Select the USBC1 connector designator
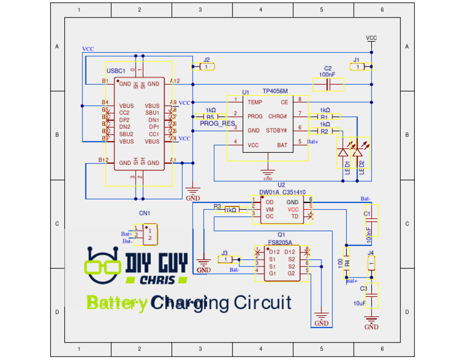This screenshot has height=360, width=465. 116,71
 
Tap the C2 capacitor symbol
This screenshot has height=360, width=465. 328,84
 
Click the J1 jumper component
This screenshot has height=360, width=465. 361,67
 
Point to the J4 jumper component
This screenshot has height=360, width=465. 371,263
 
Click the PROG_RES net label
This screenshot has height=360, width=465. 217,124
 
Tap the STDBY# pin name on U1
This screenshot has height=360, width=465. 277,130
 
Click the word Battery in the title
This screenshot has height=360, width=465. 116,303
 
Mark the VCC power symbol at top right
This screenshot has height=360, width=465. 371,38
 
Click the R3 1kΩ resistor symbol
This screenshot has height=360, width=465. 231,210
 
